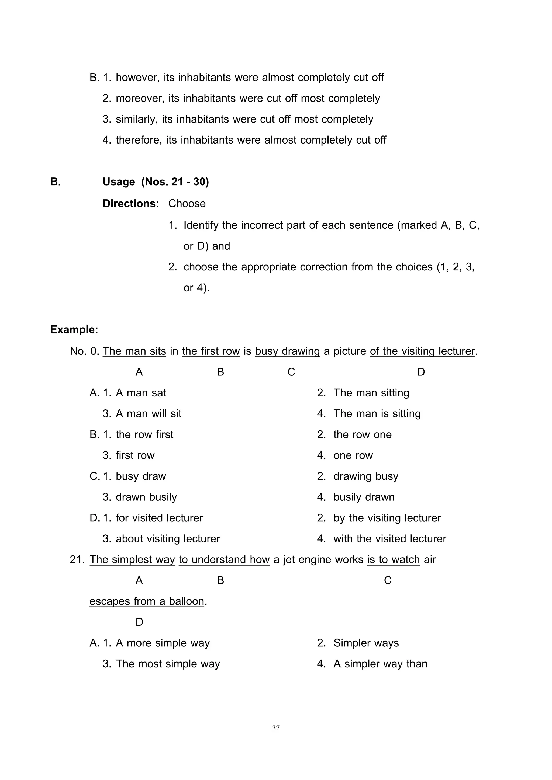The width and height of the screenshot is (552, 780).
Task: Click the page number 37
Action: click(276, 728)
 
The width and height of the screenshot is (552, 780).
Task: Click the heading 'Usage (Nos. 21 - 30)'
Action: click(156, 182)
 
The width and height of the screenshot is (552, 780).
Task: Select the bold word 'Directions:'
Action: click(131, 204)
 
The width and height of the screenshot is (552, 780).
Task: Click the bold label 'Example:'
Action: click(74, 329)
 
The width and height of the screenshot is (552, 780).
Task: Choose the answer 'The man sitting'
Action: click(371, 393)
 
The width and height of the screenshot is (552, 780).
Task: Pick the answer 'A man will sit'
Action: click(149, 413)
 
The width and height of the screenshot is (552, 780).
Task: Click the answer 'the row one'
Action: click(362, 434)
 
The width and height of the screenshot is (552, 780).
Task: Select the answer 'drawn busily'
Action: click(146, 497)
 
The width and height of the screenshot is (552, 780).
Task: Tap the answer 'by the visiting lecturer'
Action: click(387, 518)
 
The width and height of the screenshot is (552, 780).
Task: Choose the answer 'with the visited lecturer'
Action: click(389, 539)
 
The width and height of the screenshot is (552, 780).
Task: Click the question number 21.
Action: click(77, 559)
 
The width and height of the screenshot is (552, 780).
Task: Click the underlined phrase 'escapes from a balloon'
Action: click(147, 601)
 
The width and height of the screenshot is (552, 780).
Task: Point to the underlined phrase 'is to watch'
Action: click(393, 559)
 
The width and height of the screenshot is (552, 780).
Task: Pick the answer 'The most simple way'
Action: click(168, 664)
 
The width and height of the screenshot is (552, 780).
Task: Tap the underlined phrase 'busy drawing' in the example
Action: click(287, 351)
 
